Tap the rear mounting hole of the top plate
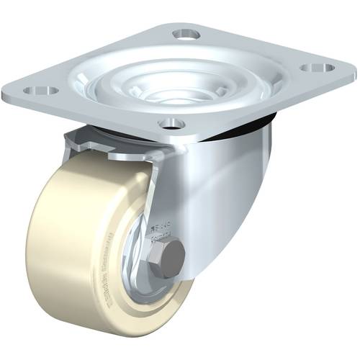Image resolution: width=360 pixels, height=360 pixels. click(x=186, y=34)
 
